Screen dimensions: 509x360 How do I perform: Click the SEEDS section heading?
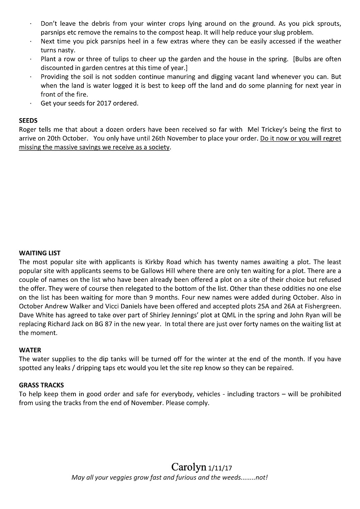point(28,121)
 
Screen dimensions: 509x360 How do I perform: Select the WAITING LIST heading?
point(40,253)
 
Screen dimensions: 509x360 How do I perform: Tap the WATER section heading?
point(30,350)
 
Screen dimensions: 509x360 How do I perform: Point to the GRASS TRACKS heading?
point(41,385)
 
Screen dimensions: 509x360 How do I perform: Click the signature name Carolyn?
point(189,467)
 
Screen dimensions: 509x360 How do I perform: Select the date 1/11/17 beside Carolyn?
point(220,468)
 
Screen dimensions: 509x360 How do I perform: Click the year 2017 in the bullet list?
point(105,103)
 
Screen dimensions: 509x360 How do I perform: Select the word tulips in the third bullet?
point(120,59)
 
